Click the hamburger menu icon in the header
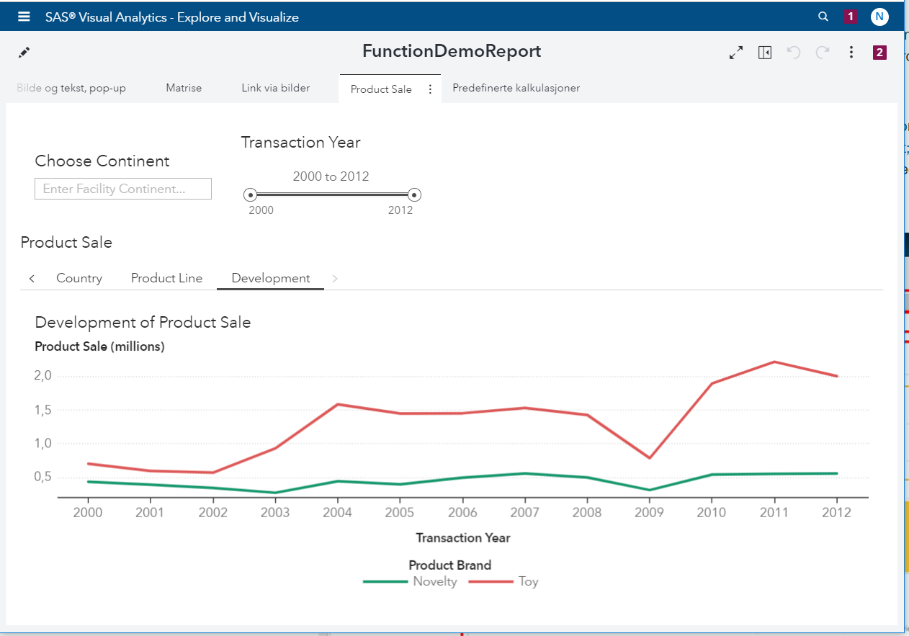point(24,17)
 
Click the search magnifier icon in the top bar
point(823,17)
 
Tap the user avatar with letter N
point(879,17)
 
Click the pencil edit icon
point(24,53)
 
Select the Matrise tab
point(184,88)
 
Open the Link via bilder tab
point(275,88)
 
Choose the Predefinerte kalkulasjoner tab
point(516,88)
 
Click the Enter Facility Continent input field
point(123,189)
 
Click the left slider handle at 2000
point(250,194)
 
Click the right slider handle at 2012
point(414,194)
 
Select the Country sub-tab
point(79,278)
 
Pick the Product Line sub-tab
point(166,278)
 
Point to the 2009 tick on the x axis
point(649,512)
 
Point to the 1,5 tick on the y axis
point(43,410)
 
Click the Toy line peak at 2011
point(774,362)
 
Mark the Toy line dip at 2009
point(649,458)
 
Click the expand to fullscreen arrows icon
point(736,53)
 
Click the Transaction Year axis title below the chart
point(462,537)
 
